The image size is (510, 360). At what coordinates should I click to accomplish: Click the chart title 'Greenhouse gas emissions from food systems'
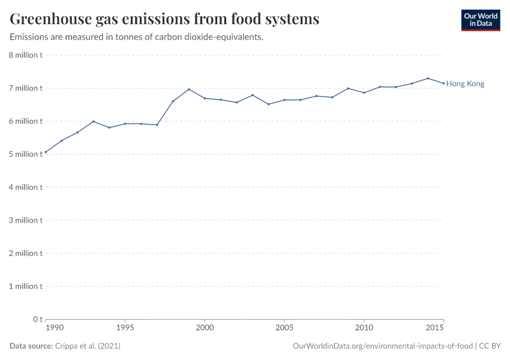(164, 19)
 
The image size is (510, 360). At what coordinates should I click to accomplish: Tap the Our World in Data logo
(480, 20)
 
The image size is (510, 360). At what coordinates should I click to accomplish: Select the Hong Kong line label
(465, 84)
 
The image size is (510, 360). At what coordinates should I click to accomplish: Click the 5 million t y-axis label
(25, 154)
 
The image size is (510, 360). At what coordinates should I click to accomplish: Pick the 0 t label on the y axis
(37, 319)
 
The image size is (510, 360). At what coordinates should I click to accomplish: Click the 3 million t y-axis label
(25, 220)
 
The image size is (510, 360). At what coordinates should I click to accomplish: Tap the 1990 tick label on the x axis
(54, 328)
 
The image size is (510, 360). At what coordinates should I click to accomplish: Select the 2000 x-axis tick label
(205, 328)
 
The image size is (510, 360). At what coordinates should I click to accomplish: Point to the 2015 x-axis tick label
(435, 328)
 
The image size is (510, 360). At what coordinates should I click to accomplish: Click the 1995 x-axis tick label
(125, 328)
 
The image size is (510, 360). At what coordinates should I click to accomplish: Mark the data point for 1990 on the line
(46, 152)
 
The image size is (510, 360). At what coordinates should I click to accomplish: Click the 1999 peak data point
(189, 89)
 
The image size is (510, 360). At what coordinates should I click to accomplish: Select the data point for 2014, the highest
(428, 78)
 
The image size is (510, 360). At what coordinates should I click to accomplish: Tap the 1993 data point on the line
(93, 121)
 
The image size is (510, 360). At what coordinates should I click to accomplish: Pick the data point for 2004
(268, 104)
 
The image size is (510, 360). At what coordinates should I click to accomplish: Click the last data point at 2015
(443, 83)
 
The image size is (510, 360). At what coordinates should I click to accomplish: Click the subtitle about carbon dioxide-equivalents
(137, 37)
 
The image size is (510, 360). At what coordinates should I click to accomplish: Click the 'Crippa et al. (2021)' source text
(88, 346)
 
